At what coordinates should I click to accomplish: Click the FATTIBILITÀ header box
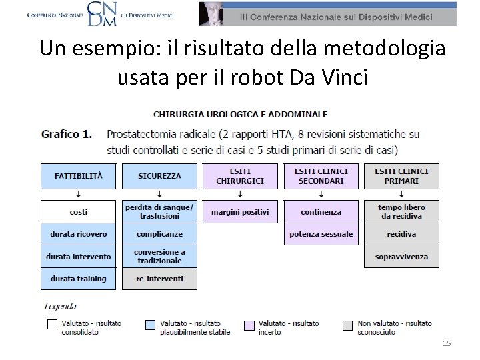[x=79, y=176]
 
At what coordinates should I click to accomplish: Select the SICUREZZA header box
[x=159, y=176]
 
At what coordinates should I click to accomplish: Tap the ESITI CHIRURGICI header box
[x=240, y=176]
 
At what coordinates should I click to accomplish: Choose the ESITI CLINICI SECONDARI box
[x=321, y=176]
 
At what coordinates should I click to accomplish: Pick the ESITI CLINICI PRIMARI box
[x=401, y=176]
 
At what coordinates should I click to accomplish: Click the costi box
[x=79, y=212]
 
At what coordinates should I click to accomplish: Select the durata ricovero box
[x=79, y=234]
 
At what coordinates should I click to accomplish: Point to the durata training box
[x=79, y=279]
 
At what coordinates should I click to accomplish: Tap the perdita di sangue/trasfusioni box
[x=159, y=212]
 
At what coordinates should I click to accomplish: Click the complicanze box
[x=159, y=234]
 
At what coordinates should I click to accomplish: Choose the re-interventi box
[x=159, y=279]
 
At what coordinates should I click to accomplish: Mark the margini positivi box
[x=240, y=212]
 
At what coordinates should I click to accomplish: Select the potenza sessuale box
[x=321, y=234]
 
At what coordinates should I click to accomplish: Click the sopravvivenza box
[x=401, y=257]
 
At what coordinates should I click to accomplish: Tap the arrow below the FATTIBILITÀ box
[x=79, y=195]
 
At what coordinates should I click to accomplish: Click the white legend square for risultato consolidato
[x=52, y=325]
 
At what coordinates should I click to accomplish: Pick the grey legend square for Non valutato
[x=347, y=325]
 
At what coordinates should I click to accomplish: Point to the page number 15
[x=447, y=343]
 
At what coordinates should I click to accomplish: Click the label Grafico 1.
[x=67, y=134]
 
